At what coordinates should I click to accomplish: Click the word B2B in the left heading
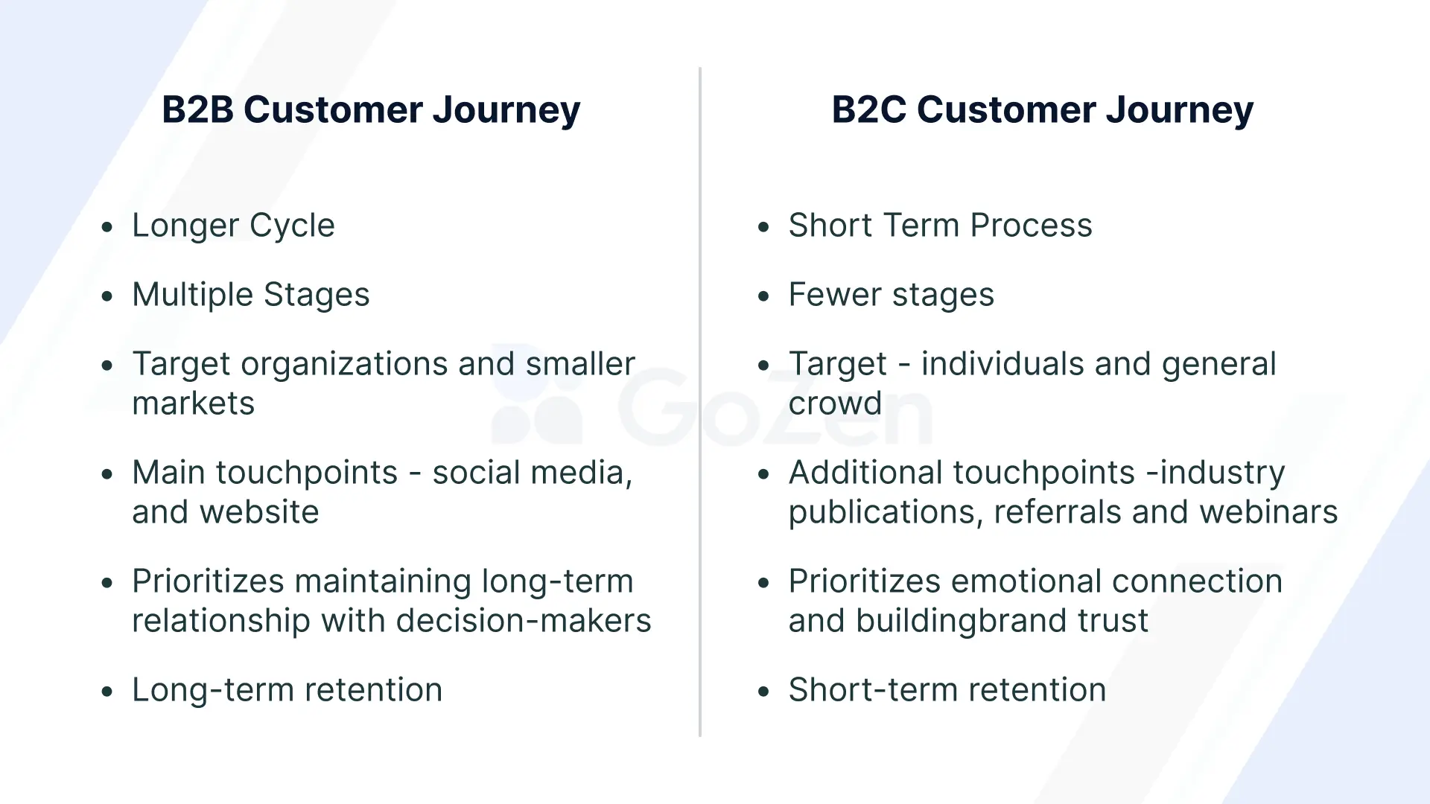pyautogui.click(x=197, y=110)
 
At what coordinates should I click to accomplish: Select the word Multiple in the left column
pyautogui.click(x=192, y=295)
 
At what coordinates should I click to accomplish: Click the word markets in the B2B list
pyautogui.click(x=193, y=403)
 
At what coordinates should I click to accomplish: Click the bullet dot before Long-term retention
pyautogui.click(x=107, y=692)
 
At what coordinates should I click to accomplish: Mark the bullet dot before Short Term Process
pyautogui.click(x=763, y=227)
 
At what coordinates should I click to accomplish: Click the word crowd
pyautogui.click(x=835, y=403)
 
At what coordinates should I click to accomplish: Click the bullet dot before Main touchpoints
pyautogui.click(x=107, y=474)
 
